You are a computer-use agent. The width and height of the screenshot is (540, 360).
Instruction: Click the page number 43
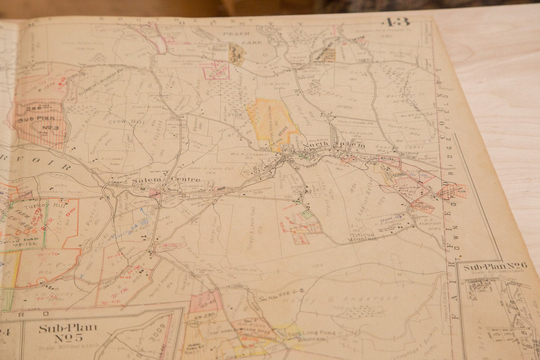396,22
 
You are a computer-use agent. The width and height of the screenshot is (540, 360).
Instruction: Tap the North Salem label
334,146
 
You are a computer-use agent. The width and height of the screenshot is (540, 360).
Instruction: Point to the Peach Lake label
242,38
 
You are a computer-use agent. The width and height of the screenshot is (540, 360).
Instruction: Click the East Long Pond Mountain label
307,336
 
